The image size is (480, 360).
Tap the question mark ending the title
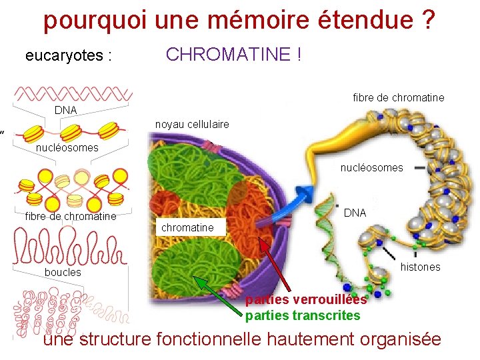tap(429, 21)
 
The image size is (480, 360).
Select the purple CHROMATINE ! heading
tap(233, 55)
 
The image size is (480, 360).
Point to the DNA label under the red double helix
tap(65, 109)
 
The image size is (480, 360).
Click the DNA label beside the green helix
tap(355, 213)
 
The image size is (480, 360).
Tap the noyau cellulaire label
tap(191, 124)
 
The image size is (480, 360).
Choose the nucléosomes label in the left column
tap(67, 147)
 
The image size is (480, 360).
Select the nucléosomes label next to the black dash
tap(371, 168)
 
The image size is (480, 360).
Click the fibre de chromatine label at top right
tap(398, 98)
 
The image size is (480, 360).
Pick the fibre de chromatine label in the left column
tap(70, 216)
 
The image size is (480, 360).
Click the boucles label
tap(63, 272)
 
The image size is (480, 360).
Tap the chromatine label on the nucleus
tap(187, 227)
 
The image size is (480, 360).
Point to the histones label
tap(420, 267)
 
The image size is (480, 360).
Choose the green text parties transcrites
tap(303, 315)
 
